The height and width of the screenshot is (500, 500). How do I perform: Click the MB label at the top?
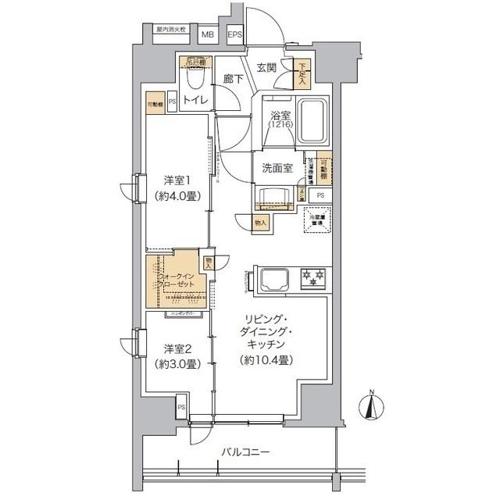coord(209,34)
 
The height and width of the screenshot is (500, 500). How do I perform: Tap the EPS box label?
coord(234,34)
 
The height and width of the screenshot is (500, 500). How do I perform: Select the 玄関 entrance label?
coord(266,68)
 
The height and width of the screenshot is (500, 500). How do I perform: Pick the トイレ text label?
coord(195,100)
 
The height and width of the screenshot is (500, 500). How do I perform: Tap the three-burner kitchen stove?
coord(314,277)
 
